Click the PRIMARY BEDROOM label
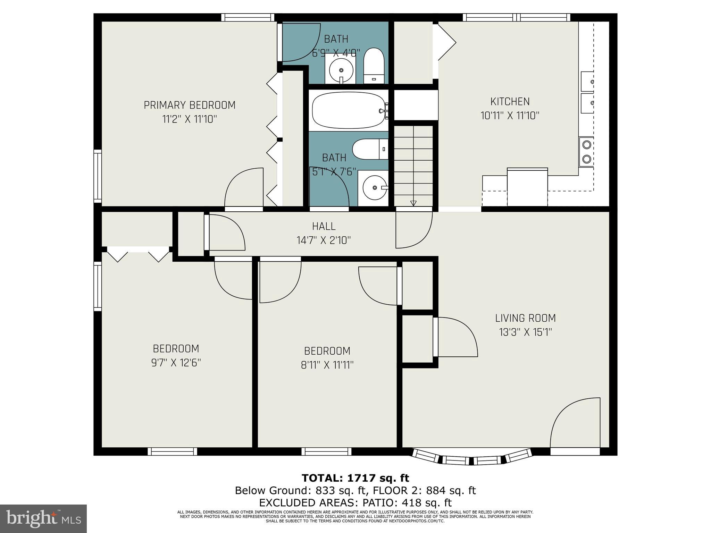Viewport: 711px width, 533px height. tap(190, 105)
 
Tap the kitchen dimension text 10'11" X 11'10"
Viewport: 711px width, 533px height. tap(510, 116)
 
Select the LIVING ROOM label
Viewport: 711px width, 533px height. tap(525, 318)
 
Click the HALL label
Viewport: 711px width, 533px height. tap(324, 226)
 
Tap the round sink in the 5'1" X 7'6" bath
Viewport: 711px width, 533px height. tap(374, 188)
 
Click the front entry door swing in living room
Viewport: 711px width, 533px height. tap(575, 425)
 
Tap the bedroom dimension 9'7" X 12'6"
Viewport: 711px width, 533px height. tap(176, 363)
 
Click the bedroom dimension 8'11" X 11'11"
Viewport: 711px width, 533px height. tap(327, 365)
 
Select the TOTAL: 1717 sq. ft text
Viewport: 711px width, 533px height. tap(355, 478)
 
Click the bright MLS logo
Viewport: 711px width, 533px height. tap(43, 518)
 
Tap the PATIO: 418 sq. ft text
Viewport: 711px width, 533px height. tap(407, 502)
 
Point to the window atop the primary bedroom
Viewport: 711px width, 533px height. tap(248, 17)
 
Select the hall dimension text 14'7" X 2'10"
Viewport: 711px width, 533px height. tap(324, 240)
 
